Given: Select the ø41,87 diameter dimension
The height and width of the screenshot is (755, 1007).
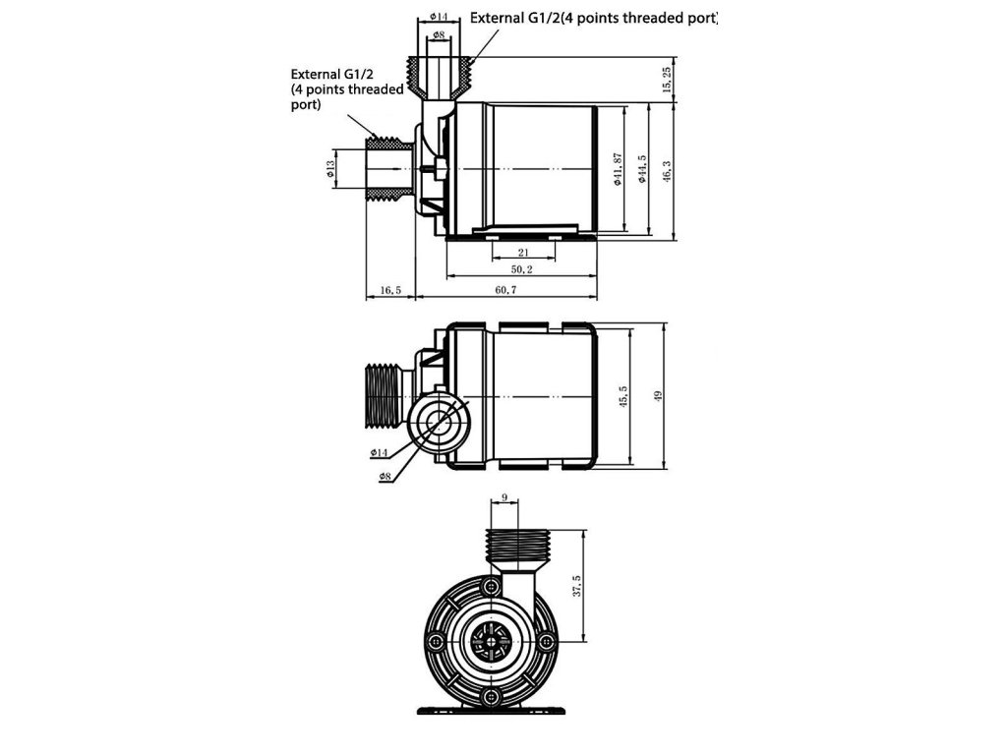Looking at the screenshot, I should pos(618,169).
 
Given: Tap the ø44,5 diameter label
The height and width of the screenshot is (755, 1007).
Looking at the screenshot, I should pos(642,169).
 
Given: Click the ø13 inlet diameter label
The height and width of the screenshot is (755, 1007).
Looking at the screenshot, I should pos(330,170).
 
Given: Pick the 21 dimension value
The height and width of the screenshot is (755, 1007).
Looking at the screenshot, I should pos(522,252).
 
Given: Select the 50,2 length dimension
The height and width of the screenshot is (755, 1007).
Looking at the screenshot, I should pos(521,269).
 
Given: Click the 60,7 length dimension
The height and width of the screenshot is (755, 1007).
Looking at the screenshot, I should pos(505,291).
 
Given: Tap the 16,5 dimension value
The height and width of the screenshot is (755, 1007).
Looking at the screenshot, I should pos(390,291).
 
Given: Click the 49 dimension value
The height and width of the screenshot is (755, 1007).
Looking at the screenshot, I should pos(659,396).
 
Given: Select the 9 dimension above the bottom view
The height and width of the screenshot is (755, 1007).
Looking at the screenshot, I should pos(504,498).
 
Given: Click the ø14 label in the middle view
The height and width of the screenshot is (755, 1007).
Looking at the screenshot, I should pos(380,452).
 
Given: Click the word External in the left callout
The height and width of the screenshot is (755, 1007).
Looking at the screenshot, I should pos(314,74).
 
